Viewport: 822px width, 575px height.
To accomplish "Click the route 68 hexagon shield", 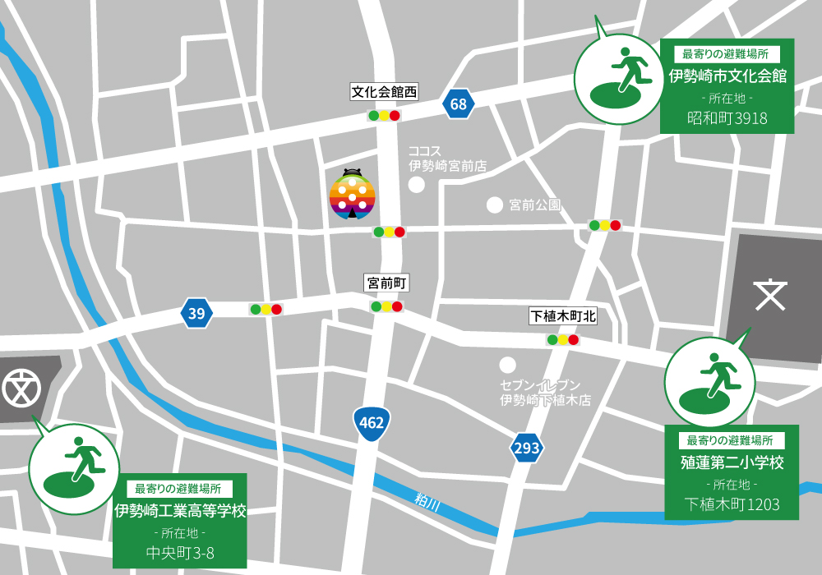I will (458, 104).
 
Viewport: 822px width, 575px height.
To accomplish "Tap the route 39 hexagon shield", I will (196, 312).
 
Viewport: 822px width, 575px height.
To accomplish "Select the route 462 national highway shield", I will (370, 423).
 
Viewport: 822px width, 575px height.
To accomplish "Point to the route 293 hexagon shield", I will (526, 448).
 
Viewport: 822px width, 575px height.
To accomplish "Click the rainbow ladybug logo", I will (353, 195).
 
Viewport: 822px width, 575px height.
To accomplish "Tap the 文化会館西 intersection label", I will (384, 92).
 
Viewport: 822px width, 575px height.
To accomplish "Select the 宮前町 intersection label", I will (386, 283).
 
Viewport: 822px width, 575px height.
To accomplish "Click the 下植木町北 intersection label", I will (562, 316).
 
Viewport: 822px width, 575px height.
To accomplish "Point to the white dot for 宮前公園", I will (494, 204).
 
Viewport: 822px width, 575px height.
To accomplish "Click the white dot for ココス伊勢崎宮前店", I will (417, 184).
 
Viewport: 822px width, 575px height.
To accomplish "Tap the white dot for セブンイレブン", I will (507, 364).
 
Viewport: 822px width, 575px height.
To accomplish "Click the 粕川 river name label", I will (427, 502).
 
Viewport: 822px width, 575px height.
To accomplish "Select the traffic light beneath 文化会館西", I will (384, 116).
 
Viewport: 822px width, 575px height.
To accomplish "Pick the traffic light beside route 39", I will (266, 310).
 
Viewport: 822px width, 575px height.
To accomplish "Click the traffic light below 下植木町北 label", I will (562, 339).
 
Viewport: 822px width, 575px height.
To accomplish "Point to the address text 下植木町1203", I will (732, 504).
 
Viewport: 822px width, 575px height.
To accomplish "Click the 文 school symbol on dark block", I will (770, 295).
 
